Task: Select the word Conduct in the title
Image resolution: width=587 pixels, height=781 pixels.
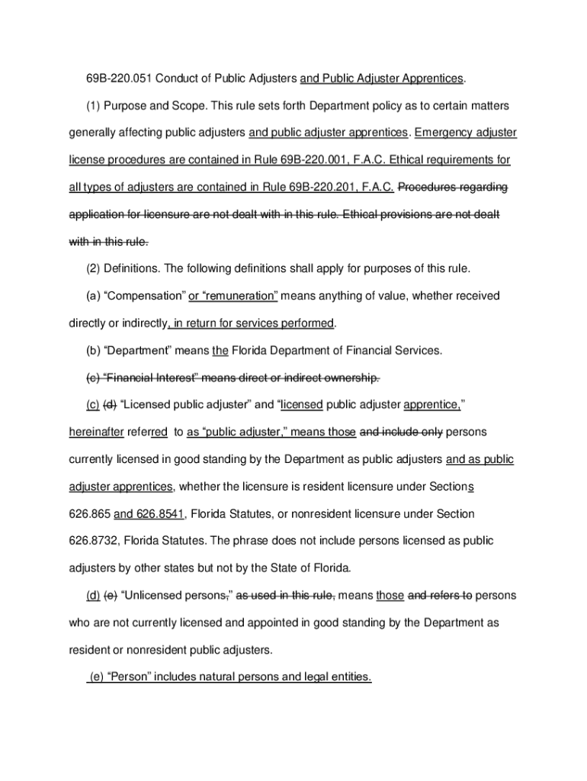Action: tap(178, 79)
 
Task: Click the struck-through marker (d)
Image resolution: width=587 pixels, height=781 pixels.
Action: tap(110, 405)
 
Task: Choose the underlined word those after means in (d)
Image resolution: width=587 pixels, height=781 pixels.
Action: tap(390, 595)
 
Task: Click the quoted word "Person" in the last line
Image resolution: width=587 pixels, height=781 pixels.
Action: tap(130, 677)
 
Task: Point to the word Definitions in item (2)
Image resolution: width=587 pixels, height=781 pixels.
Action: tap(130, 268)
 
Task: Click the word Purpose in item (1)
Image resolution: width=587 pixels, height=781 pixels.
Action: tap(125, 105)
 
